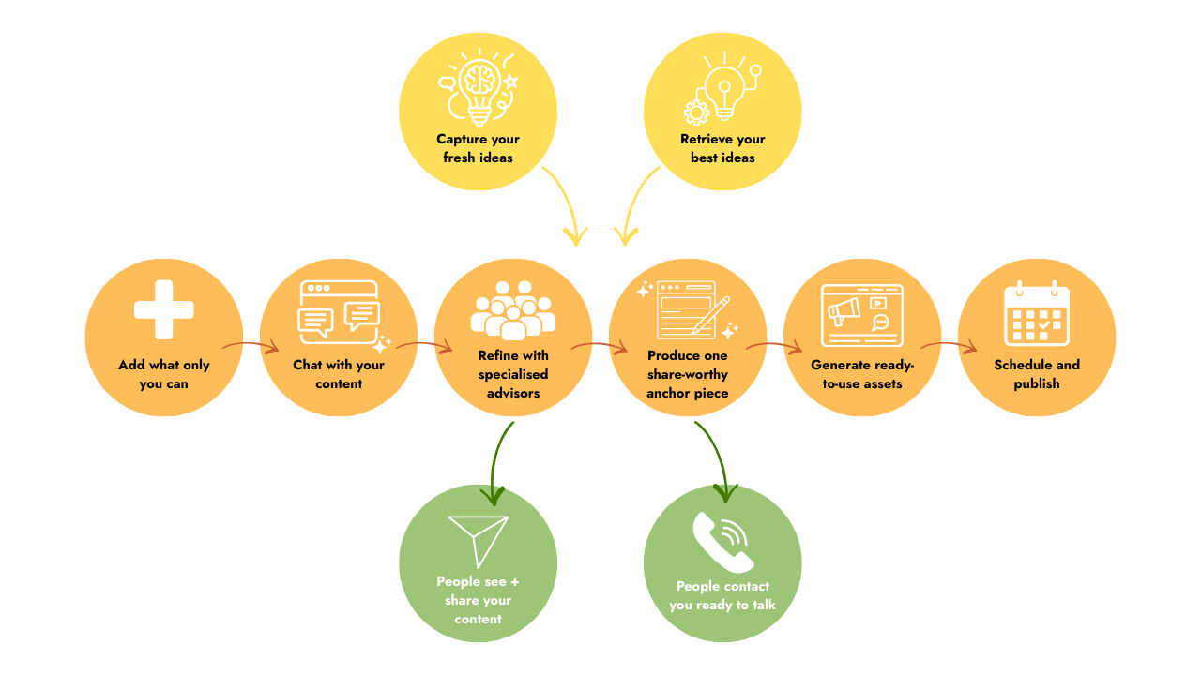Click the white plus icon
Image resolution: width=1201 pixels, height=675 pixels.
click(x=164, y=309)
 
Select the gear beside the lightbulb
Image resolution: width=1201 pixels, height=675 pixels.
click(x=696, y=112)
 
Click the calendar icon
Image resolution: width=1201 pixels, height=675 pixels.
click(x=1037, y=313)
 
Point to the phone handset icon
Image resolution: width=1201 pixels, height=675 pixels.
click(x=722, y=542)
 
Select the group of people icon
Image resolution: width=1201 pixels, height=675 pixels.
click(x=513, y=310)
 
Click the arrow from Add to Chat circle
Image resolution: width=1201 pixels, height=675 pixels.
click(x=251, y=346)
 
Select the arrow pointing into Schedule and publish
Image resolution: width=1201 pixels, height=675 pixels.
click(x=949, y=346)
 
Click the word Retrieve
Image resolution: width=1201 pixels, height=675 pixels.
click(x=704, y=140)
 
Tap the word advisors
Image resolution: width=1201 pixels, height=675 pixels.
click(x=513, y=393)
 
